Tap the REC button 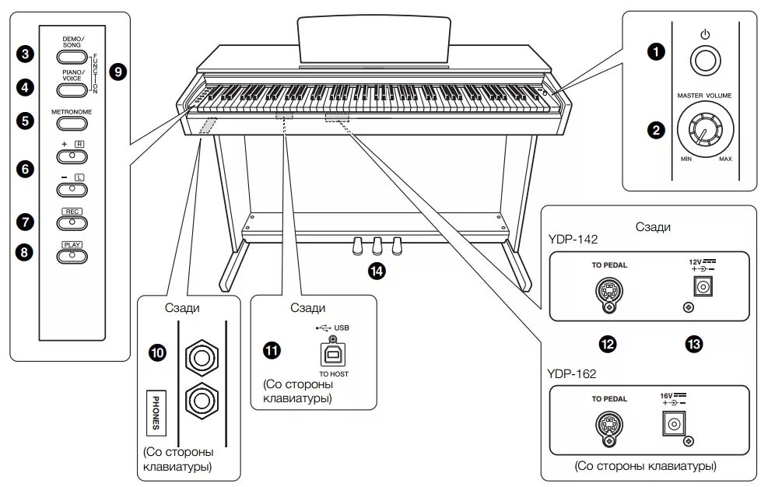click(72, 223)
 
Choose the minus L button click(72, 188)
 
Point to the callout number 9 click(118, 72)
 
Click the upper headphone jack click(202, 358)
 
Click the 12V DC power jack click(703, 287)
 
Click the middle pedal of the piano click(377, 245)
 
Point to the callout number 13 click(692, 343)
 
